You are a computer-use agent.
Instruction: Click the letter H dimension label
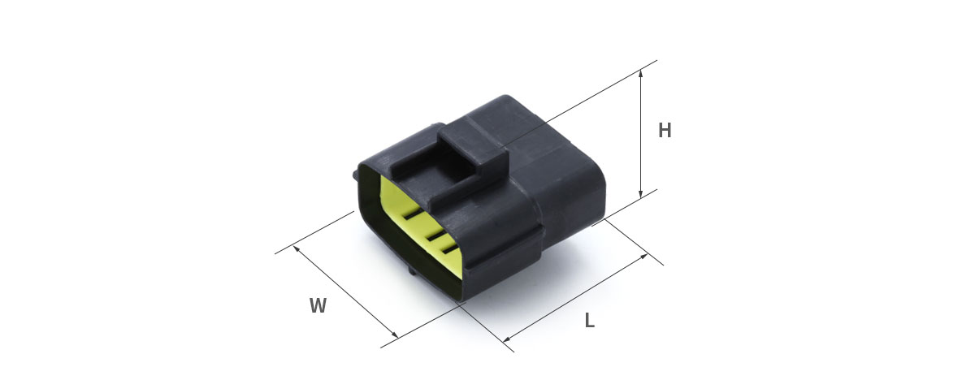point(665,131)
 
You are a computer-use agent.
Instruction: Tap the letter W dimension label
point(318,305)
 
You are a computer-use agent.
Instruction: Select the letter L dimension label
point(589,321)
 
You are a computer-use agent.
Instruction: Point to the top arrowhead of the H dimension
point(641,74)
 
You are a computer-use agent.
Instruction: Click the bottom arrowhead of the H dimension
point(641,193)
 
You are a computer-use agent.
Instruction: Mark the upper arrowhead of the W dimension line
point(297,249)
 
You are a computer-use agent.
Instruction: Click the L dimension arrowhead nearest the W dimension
point(507,338)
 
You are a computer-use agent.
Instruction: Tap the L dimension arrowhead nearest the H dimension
point(643,257)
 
